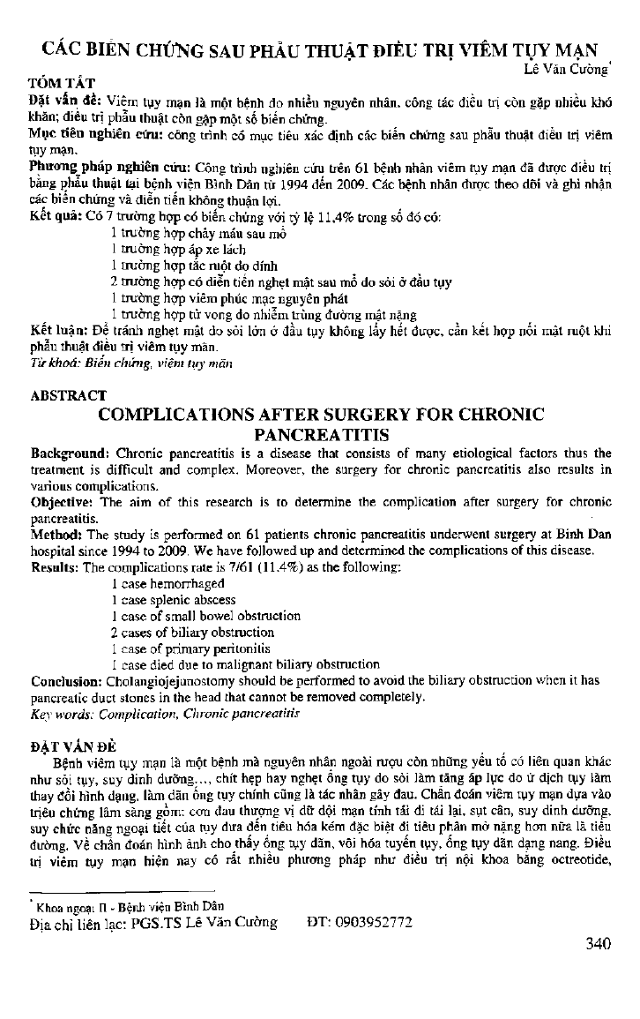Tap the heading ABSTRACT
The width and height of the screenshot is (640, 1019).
click(69, 395)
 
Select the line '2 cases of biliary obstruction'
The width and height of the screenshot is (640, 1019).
click(192, 632)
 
